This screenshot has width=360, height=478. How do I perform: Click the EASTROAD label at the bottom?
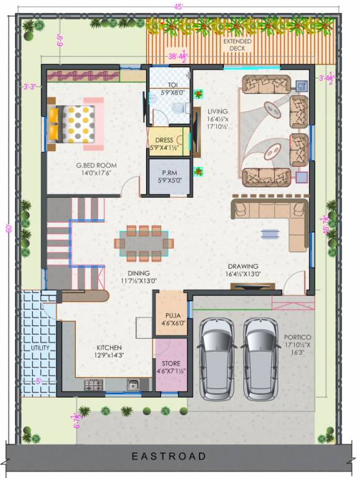tap(168, 457)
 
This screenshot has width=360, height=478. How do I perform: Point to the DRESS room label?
tap(165, 141)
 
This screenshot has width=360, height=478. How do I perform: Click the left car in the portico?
tap(217, 358)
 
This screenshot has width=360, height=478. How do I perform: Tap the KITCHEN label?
tap(108, 347)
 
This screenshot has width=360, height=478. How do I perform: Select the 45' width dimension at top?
tap(178, 6)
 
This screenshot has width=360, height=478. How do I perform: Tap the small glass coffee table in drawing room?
tap(270, 233)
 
